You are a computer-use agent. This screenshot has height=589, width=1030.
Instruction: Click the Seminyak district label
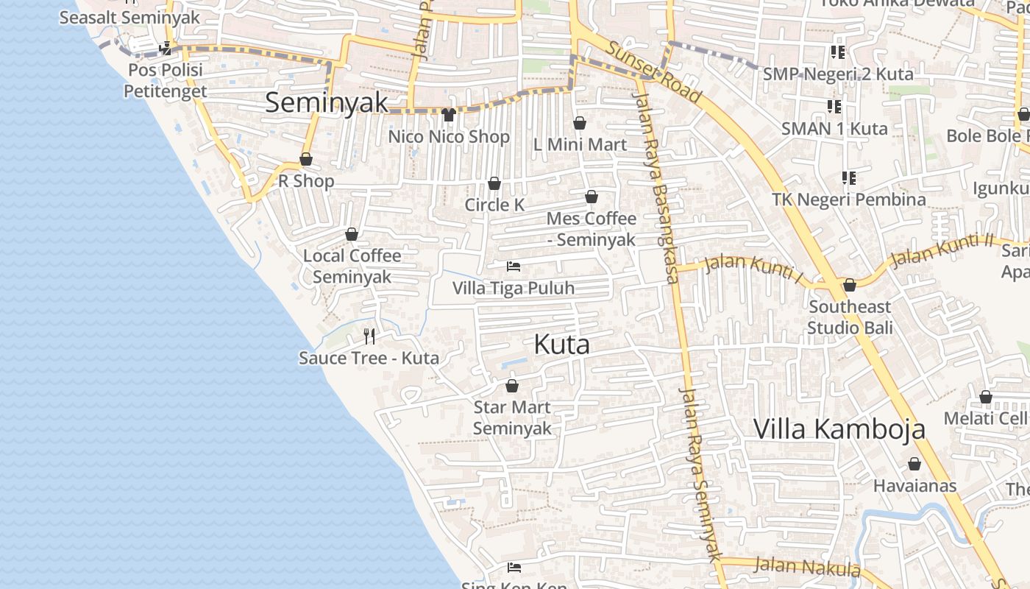326,102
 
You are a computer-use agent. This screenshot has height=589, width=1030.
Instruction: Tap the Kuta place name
562,345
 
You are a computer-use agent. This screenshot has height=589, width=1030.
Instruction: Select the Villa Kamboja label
839,428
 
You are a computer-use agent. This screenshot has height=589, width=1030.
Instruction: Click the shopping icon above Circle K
494,183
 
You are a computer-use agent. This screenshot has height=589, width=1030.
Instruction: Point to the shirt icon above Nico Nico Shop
449,114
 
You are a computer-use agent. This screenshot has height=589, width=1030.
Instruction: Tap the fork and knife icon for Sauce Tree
369,336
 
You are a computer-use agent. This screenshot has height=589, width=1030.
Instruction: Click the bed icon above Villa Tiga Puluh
514,267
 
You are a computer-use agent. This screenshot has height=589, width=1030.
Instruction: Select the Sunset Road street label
653,71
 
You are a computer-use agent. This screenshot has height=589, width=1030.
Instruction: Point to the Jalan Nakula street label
807,567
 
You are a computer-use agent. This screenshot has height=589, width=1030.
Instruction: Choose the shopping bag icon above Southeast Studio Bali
850,285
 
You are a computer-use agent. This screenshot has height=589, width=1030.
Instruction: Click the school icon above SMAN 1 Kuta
834,107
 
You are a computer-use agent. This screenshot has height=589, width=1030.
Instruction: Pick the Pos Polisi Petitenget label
165,81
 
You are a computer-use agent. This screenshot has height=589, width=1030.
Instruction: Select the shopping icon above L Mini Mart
580,123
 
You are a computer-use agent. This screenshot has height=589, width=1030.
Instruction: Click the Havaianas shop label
914,486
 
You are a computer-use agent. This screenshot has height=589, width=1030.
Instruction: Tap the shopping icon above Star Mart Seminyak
512,386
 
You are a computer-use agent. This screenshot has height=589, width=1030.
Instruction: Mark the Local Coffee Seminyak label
352,266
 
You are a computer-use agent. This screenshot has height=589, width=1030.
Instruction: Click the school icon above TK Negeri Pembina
849,178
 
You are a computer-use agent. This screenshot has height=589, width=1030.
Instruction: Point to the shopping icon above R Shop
306,159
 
